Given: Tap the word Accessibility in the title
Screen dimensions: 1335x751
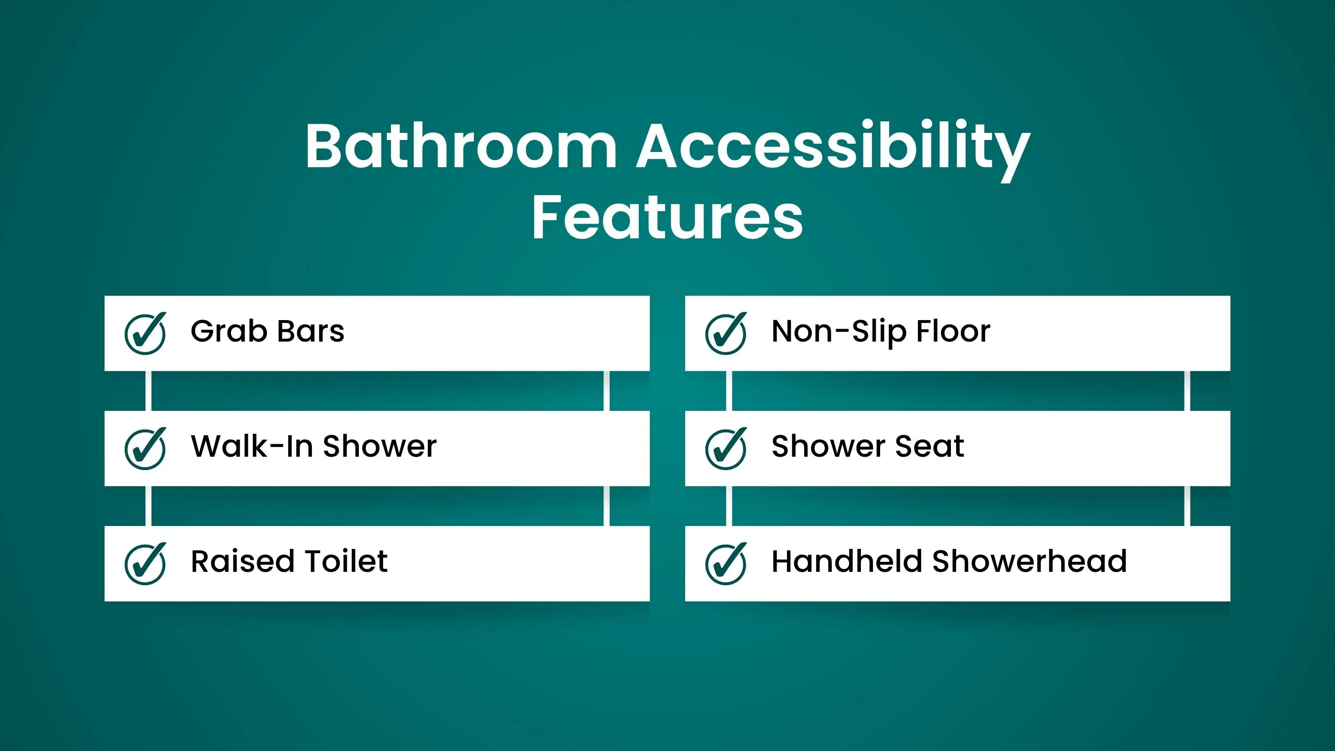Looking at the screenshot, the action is coord(833,150).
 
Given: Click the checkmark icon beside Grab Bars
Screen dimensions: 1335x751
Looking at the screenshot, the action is coord(145,333).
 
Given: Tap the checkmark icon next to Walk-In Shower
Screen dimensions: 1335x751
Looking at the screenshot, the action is coord(145,448).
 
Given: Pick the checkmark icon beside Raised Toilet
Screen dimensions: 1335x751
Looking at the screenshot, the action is coord(145,563).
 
